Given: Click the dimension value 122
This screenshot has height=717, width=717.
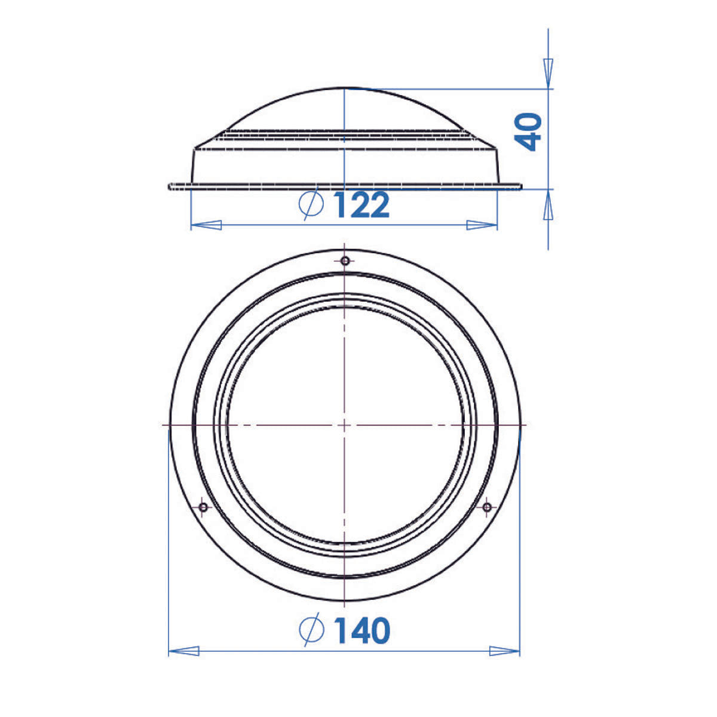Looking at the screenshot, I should (x=361, y=205).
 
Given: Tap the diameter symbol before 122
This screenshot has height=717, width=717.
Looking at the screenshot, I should (x=311, y=205).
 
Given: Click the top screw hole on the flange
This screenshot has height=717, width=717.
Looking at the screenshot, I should (x=345, y=261).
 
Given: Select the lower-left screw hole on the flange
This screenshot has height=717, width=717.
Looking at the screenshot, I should (x=203, y=507).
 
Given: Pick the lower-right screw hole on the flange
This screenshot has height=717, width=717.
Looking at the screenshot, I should (x=487, y=507).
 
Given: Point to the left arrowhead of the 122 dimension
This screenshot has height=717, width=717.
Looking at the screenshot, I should (x=206, y=225).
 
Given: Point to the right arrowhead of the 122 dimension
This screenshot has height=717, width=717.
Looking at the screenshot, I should (x=482, y=225).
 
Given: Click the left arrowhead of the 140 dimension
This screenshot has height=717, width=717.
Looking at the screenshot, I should (x=184, y=651).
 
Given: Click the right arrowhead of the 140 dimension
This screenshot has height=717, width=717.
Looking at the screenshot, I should (x=505, y=651).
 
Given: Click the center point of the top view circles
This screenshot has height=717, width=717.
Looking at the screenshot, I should (x=345, y=424).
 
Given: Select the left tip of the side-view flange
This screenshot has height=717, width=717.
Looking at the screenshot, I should (x=170, y=187).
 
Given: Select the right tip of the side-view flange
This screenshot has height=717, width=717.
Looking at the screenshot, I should (x=521, y=187).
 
